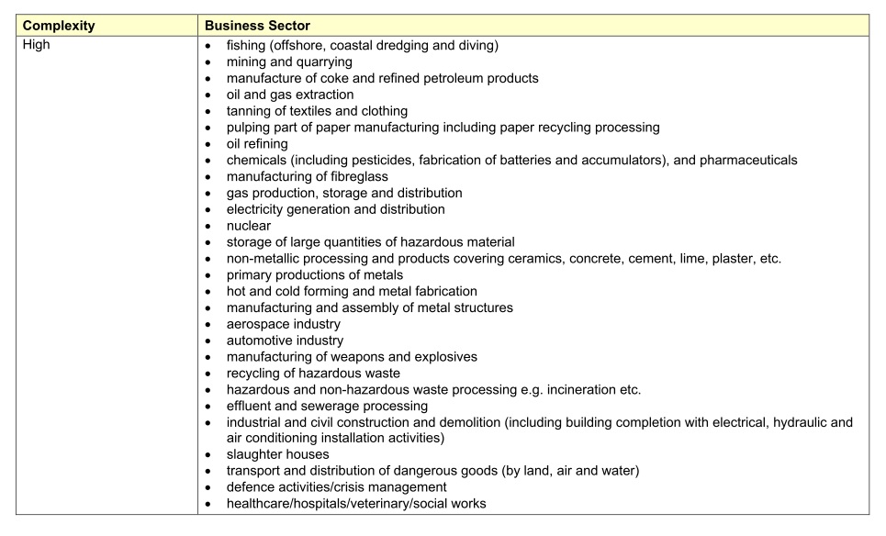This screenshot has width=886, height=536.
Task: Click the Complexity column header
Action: pyautogui.click(x=59, y=27)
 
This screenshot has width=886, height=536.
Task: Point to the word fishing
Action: pyautogui.click(x=250, y=45)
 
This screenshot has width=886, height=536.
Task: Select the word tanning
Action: pyautogui.click(x=251, y=111)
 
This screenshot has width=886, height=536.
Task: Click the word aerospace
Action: pyautogui.click(x=261, y=324)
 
